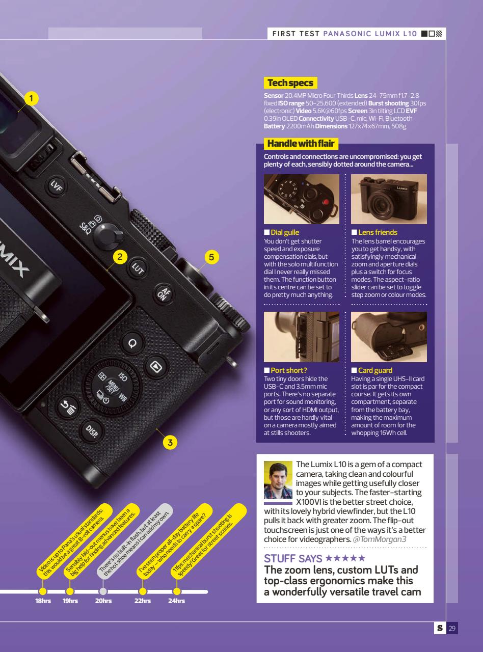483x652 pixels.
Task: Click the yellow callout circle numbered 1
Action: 31,98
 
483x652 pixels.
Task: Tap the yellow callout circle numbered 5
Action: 211,257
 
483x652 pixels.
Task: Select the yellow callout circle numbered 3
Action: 170,442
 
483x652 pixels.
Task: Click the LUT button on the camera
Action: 138,268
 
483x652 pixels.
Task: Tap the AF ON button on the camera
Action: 164,294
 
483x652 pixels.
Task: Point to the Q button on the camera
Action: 132,343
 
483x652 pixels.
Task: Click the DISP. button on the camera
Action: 92,431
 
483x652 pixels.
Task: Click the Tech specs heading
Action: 290,83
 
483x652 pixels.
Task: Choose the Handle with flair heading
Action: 301,144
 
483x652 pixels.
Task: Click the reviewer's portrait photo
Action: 278,479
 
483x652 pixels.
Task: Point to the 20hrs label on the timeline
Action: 103,601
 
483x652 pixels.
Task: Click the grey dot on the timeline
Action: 103,591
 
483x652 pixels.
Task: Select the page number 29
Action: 452,628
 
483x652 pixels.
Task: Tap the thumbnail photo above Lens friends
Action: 389,199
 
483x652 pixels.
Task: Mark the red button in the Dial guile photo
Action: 326,202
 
